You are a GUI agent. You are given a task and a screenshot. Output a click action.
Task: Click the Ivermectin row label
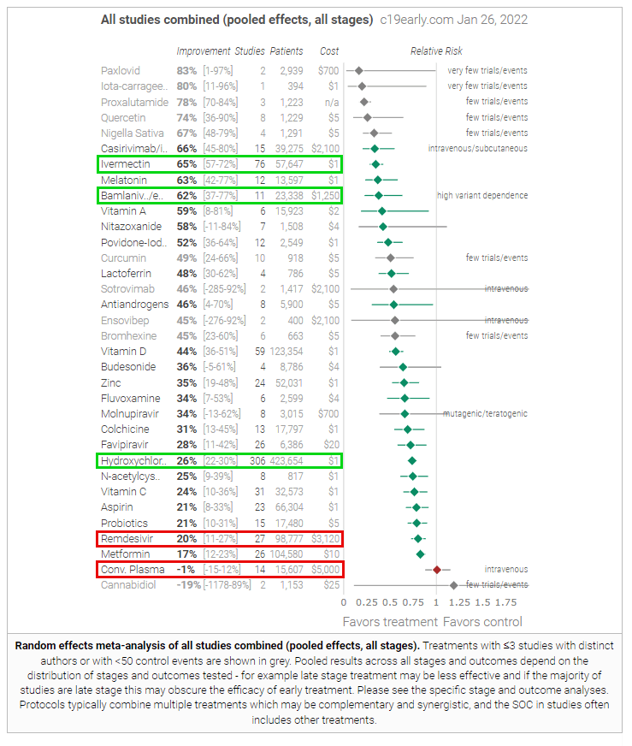pyautogui.click(x=127, y=164)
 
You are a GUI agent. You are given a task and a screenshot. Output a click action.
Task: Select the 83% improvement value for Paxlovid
pyautogui.click(x=186, y=71)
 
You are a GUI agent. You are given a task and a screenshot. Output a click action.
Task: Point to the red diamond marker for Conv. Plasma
pyautogui.click(x=437, y=570)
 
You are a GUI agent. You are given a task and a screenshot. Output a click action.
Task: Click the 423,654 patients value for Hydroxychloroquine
pyautogui.click(x=286, y=461)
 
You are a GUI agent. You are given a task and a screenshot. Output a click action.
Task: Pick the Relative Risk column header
pyautogui.click(x=436, y=51)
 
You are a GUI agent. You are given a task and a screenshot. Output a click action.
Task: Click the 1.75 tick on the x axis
pyautogui.click(x=506, y=601)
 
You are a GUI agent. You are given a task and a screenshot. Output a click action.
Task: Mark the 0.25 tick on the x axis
pyautogui.click(x=367, y=601)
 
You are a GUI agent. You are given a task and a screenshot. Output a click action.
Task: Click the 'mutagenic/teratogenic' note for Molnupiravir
pyautogui.click(x=485, y=414)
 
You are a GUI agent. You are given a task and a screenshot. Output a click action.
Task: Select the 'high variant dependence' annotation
pyautogui.click(x=482, y=195)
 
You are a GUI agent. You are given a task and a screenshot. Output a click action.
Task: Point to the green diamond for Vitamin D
pyautogui.click(x=395, y=352)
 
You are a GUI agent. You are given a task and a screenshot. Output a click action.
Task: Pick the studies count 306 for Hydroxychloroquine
pyautogui.click(x=256, y=461)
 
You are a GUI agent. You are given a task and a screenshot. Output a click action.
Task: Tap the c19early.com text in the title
pyautogui.click(x=420, y=19)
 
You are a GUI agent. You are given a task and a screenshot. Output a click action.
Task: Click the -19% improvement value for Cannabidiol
pyautogui.click(x=186, y=585)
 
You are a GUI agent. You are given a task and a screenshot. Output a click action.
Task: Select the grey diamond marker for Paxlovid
pyautogui.click(x=359, y=71)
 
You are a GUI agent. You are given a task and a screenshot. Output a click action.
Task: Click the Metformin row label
pyautogui.click(x=125, y=554)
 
